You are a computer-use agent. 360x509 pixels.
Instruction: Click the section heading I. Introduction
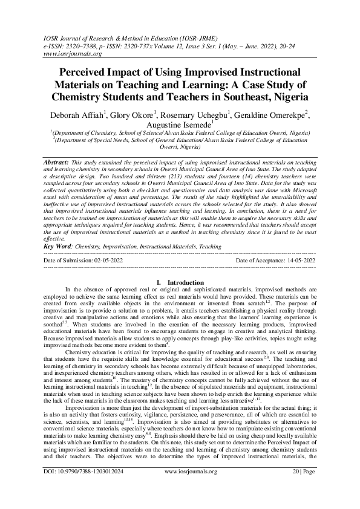click(180, 282)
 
